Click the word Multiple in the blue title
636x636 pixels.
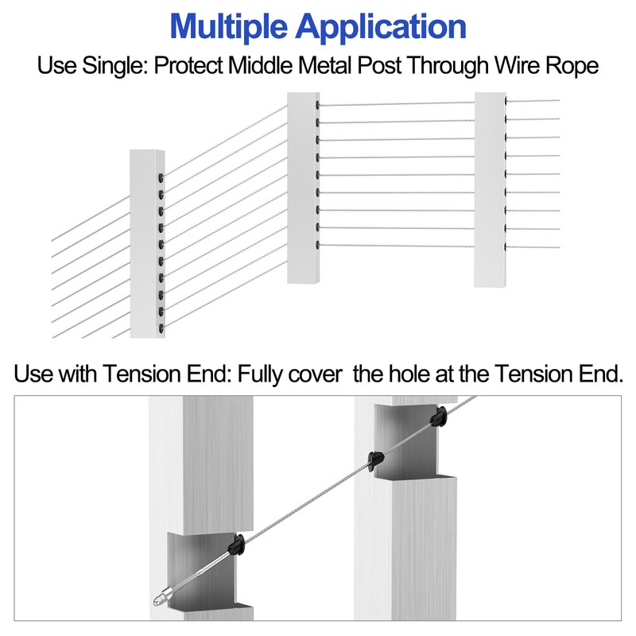coord(229,27)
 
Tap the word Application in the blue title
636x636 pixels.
coord(381,27)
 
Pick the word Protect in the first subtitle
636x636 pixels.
coord(188,65)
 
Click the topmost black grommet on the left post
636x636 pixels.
coord(161,177)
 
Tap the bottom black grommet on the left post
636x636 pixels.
coord(161,328)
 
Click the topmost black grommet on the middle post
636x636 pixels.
coord(317,105)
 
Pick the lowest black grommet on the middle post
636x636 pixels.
coord(317,245)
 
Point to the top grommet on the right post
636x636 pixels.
coord(506,101)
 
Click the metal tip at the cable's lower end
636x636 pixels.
coord(161,598)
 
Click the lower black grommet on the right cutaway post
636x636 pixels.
coord(376,460)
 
